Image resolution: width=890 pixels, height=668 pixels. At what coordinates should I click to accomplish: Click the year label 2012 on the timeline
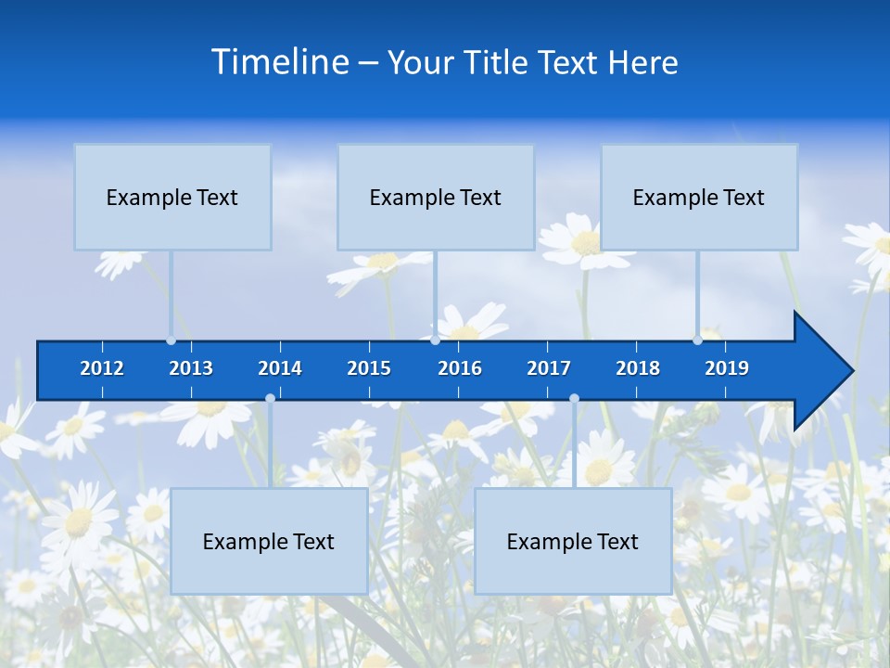point(102,368)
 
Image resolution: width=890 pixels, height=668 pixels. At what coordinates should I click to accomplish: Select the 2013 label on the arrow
point(191,368)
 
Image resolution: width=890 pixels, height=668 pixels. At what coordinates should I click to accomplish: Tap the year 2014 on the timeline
point(280,368)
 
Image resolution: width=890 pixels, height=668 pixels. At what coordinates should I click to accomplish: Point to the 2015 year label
point(369,368)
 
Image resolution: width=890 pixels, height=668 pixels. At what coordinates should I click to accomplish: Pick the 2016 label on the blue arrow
point(460,368)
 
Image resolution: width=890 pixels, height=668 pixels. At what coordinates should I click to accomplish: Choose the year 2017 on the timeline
point(549,368)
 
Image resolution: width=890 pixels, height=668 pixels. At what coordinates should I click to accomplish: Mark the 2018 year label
point(638,368)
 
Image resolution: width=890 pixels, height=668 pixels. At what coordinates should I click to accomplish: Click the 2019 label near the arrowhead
point(727,368)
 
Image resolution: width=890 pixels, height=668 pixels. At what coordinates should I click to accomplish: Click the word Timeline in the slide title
point(280,62)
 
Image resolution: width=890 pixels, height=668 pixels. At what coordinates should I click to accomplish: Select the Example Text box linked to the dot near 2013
point(172,197)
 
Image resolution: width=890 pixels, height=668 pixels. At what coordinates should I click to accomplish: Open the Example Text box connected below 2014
point(269,541)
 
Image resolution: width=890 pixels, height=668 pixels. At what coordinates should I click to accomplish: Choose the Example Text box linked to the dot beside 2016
point(436,197)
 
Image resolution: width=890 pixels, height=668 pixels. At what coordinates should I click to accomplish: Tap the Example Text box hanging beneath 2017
point(573,541)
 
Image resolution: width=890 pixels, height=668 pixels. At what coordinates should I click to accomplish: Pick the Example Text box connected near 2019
point(699,197)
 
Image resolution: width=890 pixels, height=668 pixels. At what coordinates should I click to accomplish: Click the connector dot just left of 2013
point(171,340)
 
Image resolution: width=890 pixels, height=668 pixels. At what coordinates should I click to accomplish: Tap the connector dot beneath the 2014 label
point(270,398)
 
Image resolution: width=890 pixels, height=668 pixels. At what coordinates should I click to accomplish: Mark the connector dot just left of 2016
point(435,340)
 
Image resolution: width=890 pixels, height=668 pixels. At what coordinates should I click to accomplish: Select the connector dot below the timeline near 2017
point(574,398)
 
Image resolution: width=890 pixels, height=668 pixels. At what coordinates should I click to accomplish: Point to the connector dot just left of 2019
point(697,340)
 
